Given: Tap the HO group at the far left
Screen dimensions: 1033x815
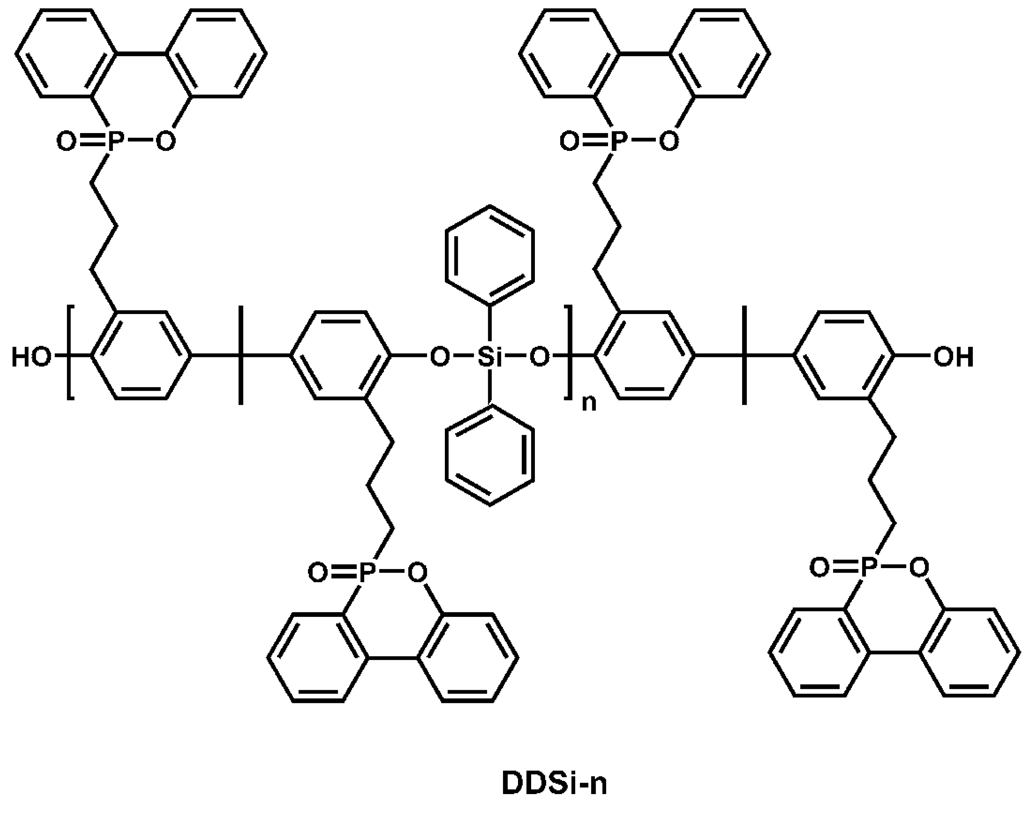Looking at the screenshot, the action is pyautogui.click(x=31, y=357).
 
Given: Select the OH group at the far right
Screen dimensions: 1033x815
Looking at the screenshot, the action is pyautogui.click(x=953, y=357).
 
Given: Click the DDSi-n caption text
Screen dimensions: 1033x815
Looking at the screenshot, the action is pyautogui.click(x=554, y=783).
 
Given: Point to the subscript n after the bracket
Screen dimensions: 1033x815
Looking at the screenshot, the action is pyautogui.click(x=589, y=403).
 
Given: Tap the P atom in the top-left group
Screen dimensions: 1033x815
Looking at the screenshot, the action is pyautogui.click(x=116, y=141).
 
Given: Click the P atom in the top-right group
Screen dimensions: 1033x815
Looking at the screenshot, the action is pyautogui.click(x=618, y=141).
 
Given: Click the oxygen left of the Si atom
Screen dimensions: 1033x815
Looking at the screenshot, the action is pyautogui.click(x=440, y=357).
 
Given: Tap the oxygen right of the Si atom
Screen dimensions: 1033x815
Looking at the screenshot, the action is pyautogui.click(x=539, y=357).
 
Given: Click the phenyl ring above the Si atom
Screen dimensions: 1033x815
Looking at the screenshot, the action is pyautogui.click(x=490, y=255).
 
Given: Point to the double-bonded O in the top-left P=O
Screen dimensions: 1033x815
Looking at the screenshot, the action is pyautogui.click(x=66, y=141).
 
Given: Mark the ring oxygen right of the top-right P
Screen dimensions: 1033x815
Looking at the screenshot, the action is pyautogui.click(x=668, y=141).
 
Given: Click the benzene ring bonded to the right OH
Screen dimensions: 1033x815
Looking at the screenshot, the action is pyautogui.click(x=844, y=356).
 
